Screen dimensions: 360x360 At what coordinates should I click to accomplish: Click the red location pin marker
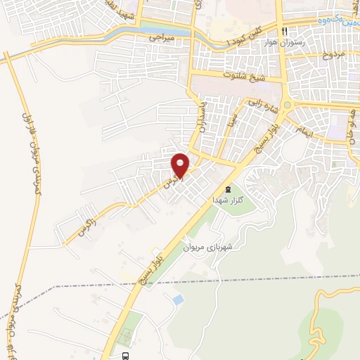181,166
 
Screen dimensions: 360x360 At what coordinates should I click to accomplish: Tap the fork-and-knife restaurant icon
284,32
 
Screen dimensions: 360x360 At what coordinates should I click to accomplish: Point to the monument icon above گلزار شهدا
226,189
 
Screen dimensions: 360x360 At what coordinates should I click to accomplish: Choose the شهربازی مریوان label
207,247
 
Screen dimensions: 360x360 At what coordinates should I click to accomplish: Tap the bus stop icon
125,356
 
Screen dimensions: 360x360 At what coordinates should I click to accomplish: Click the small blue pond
178,300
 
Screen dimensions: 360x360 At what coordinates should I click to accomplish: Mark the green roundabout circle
284,107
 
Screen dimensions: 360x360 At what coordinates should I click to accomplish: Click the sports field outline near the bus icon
127,330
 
